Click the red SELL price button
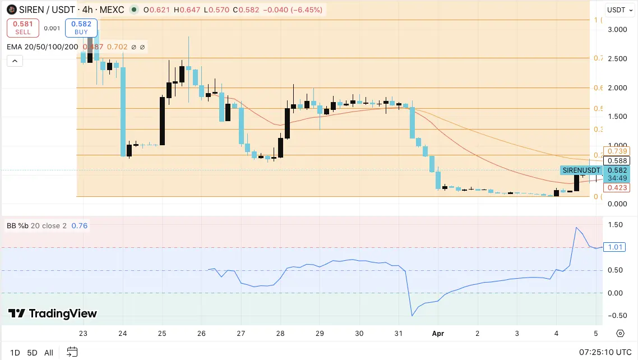(23, 27)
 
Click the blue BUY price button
(81, 27)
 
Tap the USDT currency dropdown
(619, 10)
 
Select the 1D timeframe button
(15, 353)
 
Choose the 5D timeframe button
(32, 353)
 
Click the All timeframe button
(49, 353)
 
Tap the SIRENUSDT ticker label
(581, 170)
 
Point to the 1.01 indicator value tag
(614, 247)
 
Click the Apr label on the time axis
(438, 333)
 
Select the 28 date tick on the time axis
(280, 333)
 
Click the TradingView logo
(53, 313)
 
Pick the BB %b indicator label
(36, 226)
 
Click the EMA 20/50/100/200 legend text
(43, 47)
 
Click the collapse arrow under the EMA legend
(15, 61)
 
